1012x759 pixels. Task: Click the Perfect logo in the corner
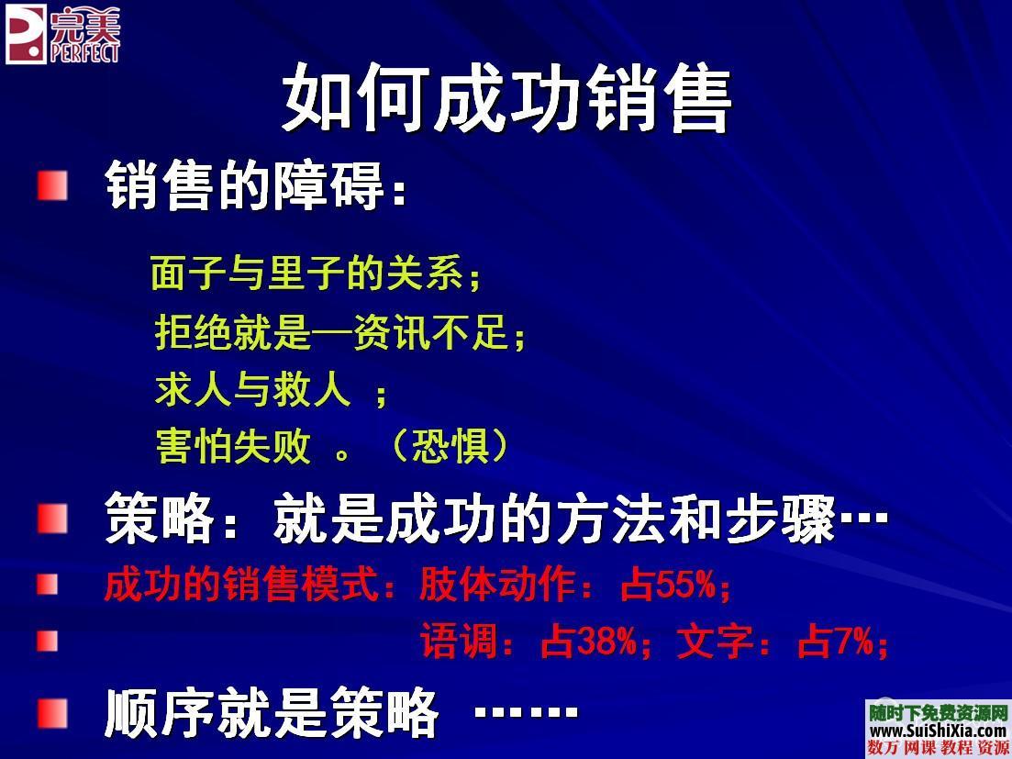click(62, 35)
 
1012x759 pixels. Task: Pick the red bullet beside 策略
click(52, 519)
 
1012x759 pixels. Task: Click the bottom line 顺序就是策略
click(272, 713)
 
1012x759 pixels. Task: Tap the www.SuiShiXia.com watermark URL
click(938, 731)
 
